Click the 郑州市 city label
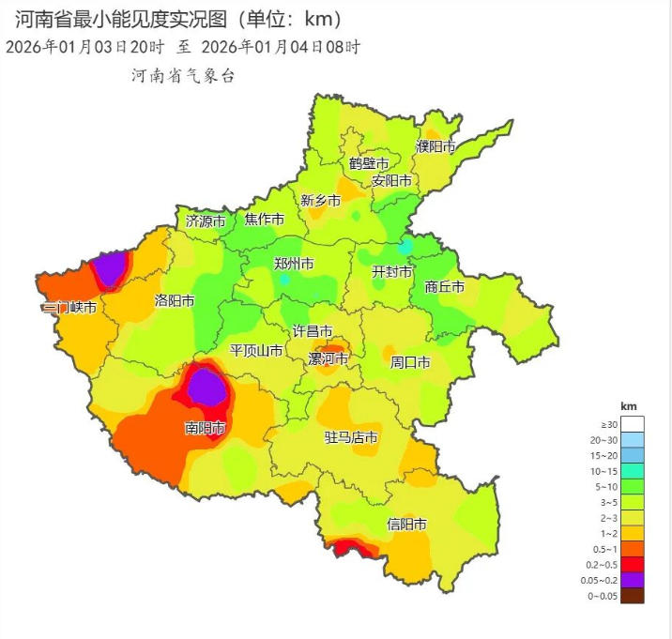tap(294, 264)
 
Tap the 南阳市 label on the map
tap(205, 429)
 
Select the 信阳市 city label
tap(407, 524)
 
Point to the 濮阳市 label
tap(435, 146)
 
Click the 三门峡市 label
tap(69, 307)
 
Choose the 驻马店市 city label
tap(351, 437)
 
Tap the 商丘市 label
tap(444, 287)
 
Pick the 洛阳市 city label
tap(175, 301)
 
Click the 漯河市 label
tap(328, 358)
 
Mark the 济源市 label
tap(206, 221)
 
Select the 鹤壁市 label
tap(369, 163)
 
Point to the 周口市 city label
tap(410, 361)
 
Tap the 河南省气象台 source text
tap(183, 76)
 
